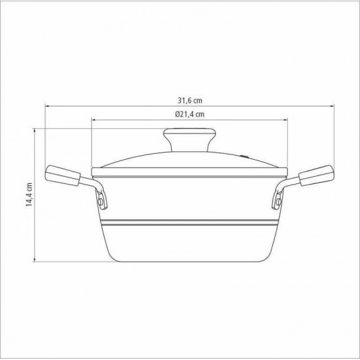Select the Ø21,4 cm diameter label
[189, 114]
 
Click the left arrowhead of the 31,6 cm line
[48, 106]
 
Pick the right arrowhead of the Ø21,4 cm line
[285, 120]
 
